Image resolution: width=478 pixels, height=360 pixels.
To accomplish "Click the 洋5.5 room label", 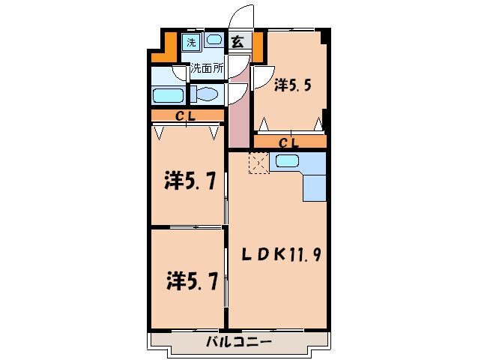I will click(291, 85).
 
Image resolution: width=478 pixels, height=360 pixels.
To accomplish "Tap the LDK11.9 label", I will click(281, 254).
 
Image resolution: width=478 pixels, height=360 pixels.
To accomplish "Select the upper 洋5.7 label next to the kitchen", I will click(190, 181).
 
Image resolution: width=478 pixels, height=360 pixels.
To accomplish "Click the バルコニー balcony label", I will click(238, 343).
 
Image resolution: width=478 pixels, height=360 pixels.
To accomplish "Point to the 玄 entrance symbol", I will click(237, 42).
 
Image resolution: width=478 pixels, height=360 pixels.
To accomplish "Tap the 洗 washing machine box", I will click(191, 42).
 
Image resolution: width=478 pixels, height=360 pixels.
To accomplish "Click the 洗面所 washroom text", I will click(206, 67).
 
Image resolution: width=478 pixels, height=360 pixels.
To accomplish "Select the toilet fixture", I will click(204, 94).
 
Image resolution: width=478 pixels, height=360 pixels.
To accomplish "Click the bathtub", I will click(168, 95).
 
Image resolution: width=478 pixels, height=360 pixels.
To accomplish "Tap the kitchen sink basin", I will click(286, 160).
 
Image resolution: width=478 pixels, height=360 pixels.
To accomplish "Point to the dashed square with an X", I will click(258, 163).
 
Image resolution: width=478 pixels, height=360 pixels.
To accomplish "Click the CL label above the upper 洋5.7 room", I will click(187, 115).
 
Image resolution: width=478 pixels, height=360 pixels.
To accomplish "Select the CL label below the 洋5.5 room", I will click(289, 142).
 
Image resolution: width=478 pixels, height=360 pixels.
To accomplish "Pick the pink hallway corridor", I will click(238, 112).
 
